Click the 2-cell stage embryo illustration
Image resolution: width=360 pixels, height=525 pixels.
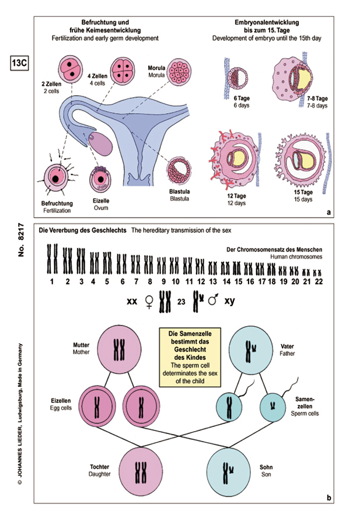point(71,68)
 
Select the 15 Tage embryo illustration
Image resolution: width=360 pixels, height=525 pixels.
point(306,162)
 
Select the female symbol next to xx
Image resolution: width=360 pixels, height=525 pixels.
point(149,302)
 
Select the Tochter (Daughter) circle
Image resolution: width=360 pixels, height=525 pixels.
point(140,470)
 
